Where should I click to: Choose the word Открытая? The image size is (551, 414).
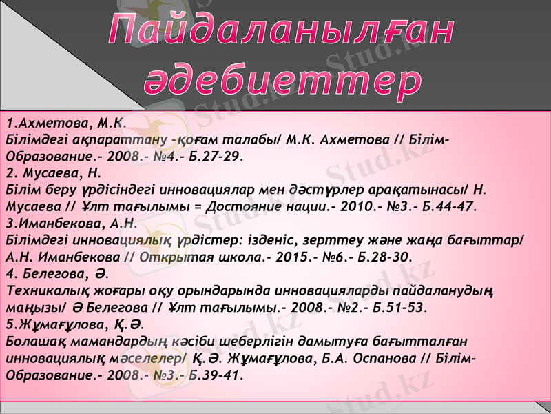point(174,257)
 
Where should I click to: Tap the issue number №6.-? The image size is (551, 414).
point(333,257)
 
